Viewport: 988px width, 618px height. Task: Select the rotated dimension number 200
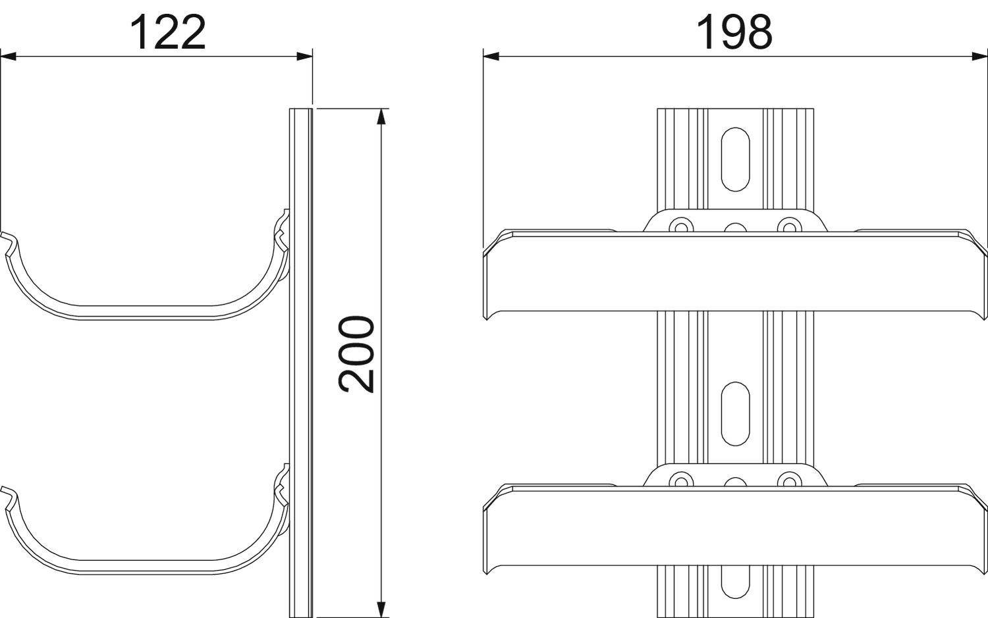coord(357,355)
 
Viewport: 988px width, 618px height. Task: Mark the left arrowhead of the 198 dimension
coord(491,57)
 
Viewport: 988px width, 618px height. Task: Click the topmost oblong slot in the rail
coord(734,159)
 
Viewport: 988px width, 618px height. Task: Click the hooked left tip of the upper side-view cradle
coord(7,237)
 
